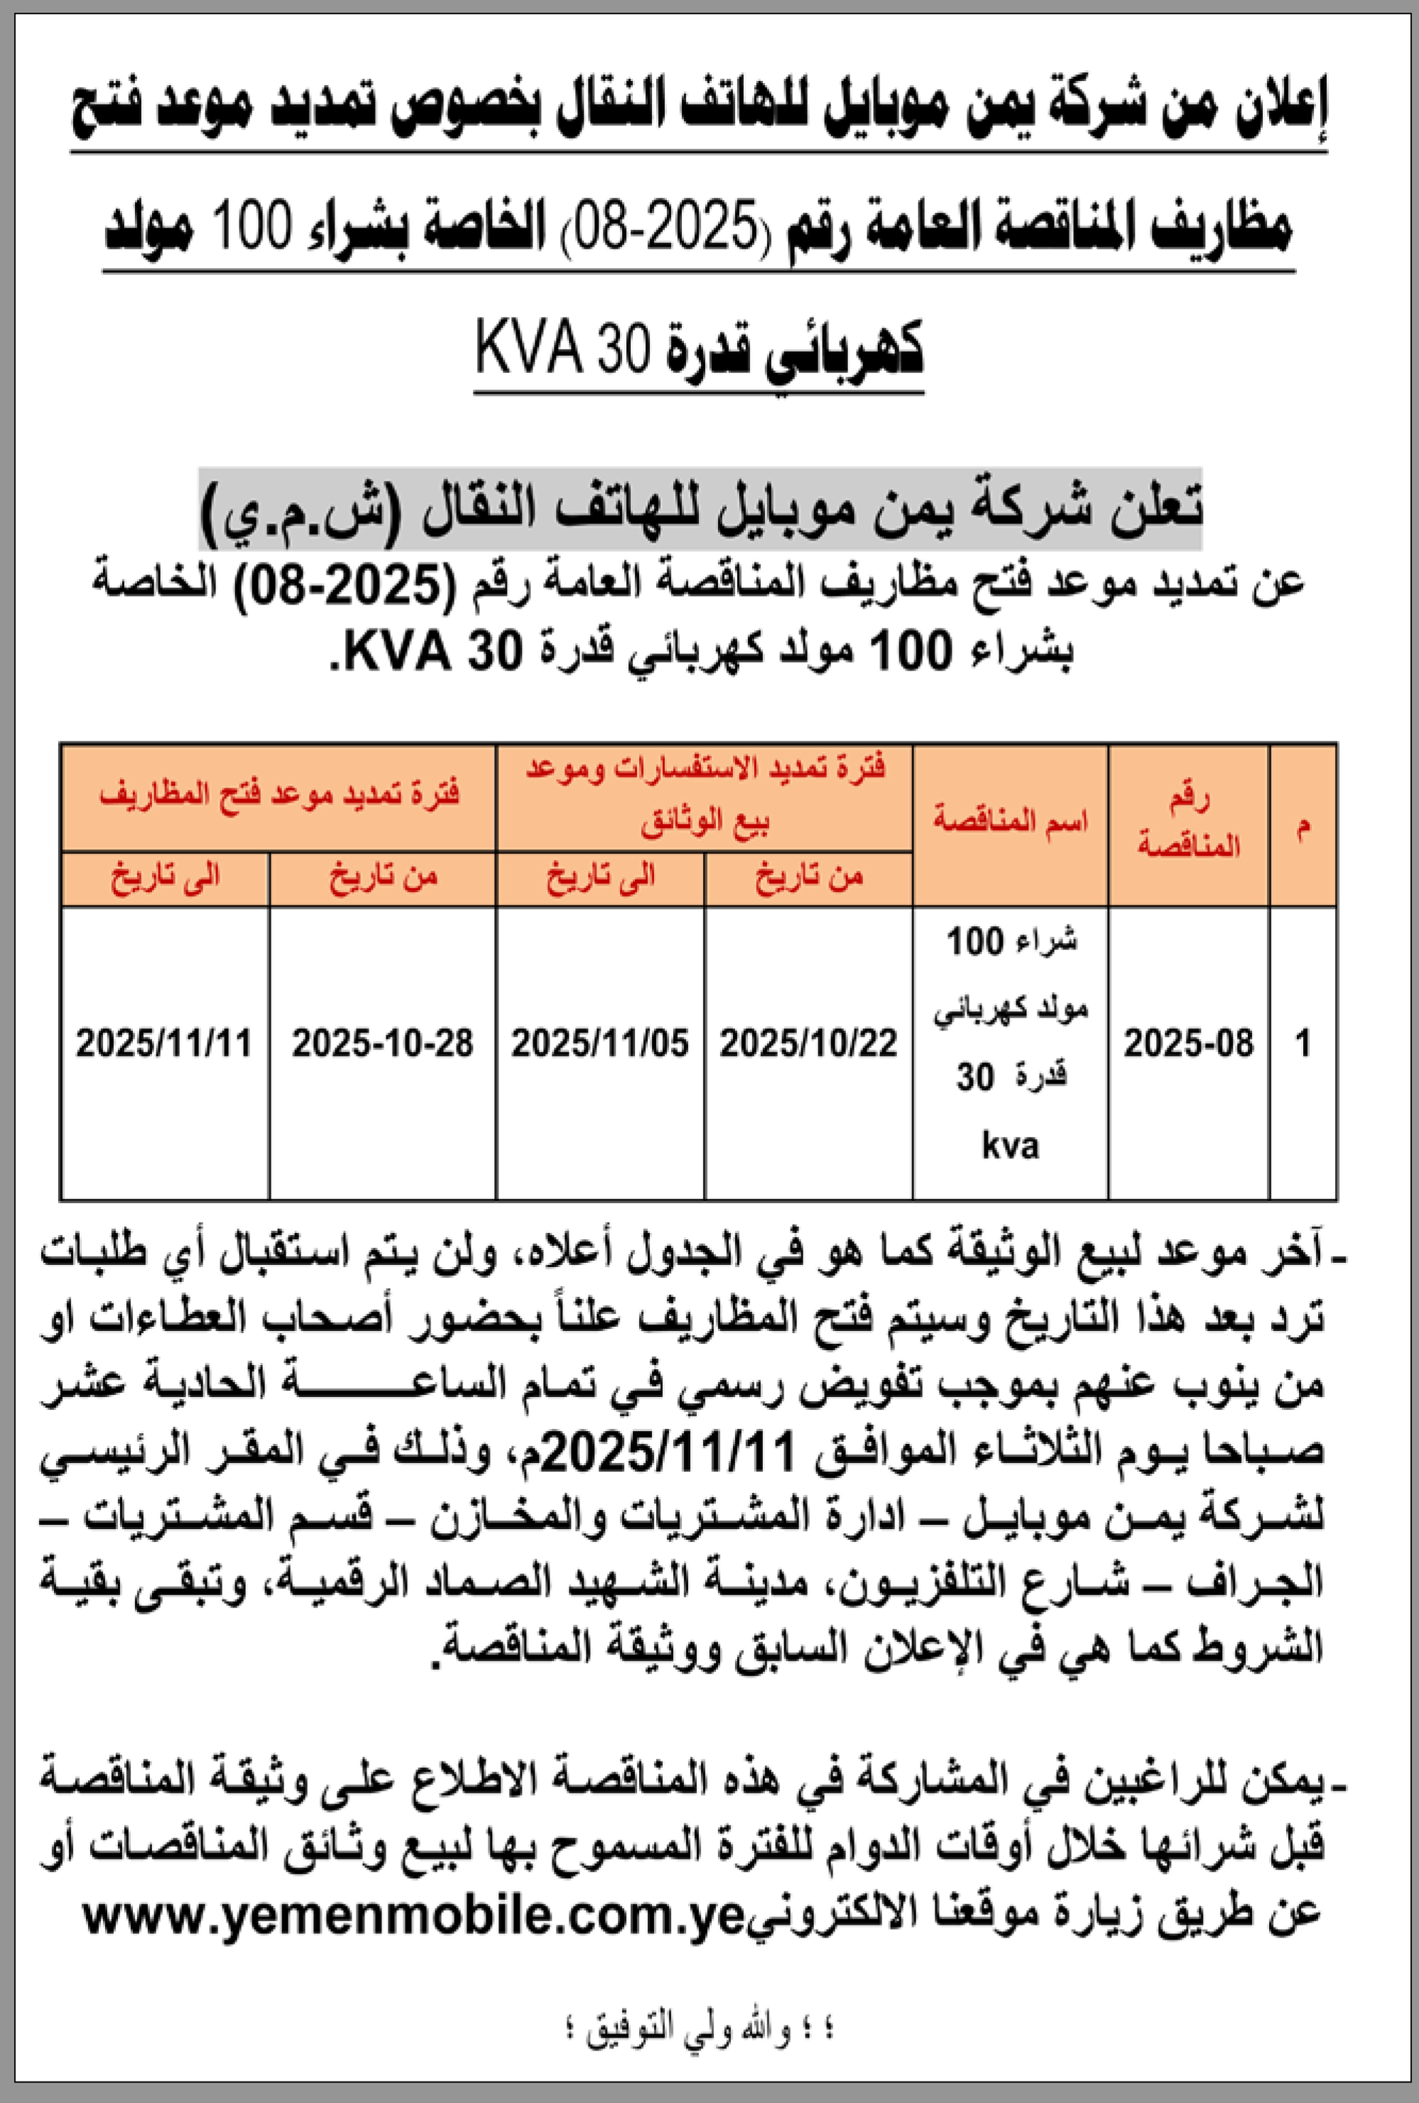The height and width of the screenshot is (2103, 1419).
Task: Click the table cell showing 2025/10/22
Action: (x=808, y=1043)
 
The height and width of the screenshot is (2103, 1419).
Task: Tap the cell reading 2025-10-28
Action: (x=382, y=1043)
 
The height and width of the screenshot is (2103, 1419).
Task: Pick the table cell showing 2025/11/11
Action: (x=164, y=1043)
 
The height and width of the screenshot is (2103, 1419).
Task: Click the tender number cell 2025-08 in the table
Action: (x=1188, y=1043)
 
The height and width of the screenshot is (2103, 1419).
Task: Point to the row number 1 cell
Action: (x=1302, y=1043)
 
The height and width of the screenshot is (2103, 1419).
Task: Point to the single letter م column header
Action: (x=1302, y=825)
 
